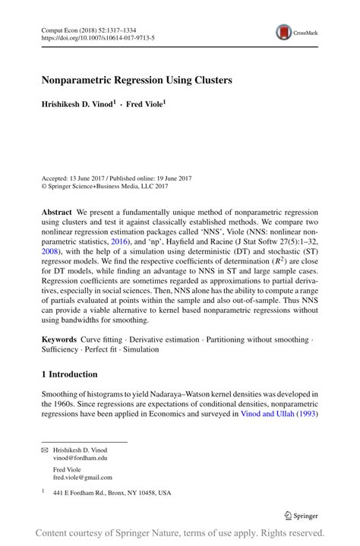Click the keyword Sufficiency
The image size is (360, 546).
point(60,350)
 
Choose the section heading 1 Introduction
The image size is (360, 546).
point(69,374)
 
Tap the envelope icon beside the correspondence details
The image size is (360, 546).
point(44,450)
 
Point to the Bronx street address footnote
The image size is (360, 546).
point(112,493)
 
